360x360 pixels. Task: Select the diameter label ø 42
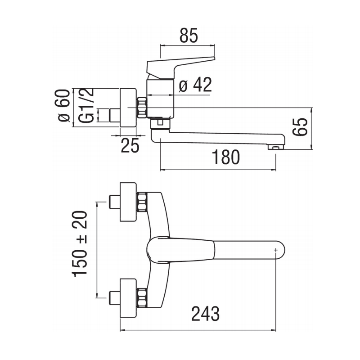pyautogui.click(x=195, y=85)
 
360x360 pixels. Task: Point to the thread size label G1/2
pyautogui.click(x=87, y=107)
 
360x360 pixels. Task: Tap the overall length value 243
pyautogui.click(x=205, y=314)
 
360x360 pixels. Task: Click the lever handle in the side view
pyautogui.click(x=180, y=65)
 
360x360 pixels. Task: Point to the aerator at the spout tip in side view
pyautogui.click(x=275, y=146)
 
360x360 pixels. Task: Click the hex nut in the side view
pyautogui.click(x=142, y=108)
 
